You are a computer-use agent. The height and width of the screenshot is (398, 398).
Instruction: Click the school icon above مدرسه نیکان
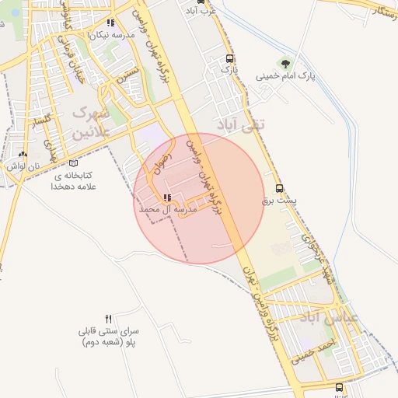click(x=111, y=23)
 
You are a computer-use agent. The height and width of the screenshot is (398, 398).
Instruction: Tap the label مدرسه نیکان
click(x=108, y=35)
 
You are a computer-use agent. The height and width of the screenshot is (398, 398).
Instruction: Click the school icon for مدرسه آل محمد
click(x=166, y=197)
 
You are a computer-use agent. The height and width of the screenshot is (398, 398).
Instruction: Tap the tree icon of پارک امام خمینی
click(x=285, y=64)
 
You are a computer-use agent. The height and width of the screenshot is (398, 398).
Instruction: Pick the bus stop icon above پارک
click(x=229, y=58)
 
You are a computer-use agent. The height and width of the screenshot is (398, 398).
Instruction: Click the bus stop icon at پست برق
click(x=280, y=188)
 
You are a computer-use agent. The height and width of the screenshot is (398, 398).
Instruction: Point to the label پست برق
click(x=280, y=201)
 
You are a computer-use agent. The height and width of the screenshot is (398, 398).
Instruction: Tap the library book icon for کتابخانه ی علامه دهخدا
click(x=73, y=163)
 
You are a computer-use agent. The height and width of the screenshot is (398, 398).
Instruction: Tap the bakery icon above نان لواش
click(x=23, y=154)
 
